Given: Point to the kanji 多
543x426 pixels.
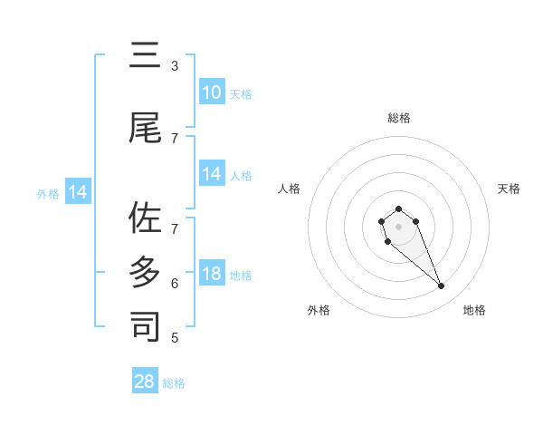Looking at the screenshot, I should [145, 272].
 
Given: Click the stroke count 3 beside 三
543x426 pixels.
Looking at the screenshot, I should [175, 65].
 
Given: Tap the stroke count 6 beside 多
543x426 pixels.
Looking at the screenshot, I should [175, 283].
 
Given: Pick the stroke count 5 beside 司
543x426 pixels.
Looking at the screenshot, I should [175, 338].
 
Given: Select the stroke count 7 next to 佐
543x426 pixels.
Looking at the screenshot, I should [175, 228].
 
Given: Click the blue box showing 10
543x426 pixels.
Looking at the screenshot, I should [211, 92].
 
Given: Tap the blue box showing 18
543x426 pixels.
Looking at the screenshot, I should [211, 274].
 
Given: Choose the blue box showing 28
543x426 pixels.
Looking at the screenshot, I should [145, 382].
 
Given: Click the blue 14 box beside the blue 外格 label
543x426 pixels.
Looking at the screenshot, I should [77, 192].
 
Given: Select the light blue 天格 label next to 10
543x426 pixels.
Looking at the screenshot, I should [240, 93].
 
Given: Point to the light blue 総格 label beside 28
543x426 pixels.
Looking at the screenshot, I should [174, 382].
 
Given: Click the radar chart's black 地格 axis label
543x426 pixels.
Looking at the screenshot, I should [474, 310].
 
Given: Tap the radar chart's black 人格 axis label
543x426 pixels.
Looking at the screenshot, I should [290, 189].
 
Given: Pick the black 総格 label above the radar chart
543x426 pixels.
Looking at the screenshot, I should [399, 118].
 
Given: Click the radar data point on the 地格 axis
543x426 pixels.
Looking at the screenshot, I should [441, 286].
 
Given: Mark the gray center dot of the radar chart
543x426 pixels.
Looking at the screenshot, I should [398, 226].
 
